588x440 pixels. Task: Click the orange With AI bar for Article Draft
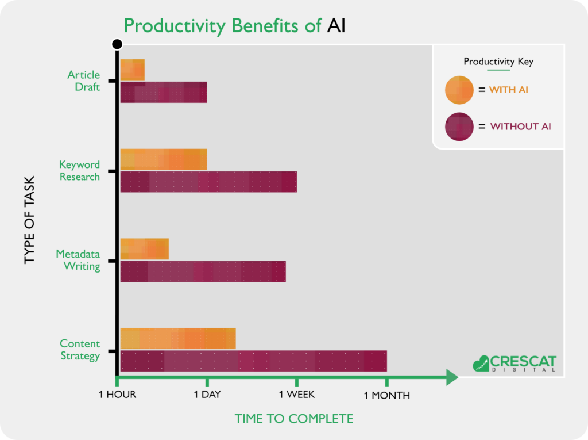pos(133,70)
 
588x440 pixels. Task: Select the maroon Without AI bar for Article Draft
pos(164,92)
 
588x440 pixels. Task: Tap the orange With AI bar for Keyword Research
pos(164,159)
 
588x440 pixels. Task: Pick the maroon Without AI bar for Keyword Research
pos(208,182)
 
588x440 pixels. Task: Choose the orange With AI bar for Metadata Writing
pos(144,248)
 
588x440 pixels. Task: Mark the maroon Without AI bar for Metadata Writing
pos(203,271)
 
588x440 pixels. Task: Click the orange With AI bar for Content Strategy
pos(178,339)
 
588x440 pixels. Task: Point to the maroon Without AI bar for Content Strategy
pos(253,361)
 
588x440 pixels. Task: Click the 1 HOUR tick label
pos(117,395)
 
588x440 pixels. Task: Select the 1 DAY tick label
pos(207,395)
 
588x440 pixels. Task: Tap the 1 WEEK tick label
pos(297,395)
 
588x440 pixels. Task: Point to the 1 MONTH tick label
pos(386,395)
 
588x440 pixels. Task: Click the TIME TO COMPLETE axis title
pos(294,419)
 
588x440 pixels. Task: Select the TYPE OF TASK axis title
pos(29,220)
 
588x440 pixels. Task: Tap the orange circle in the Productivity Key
pos(459,90)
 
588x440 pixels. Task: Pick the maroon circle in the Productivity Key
pos(459,127)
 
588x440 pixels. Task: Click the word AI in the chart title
pos(336,26)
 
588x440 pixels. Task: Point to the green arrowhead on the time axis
pos(452,377)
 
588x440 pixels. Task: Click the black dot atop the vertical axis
pos(117,44)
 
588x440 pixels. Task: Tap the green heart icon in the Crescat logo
pos(481,364)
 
